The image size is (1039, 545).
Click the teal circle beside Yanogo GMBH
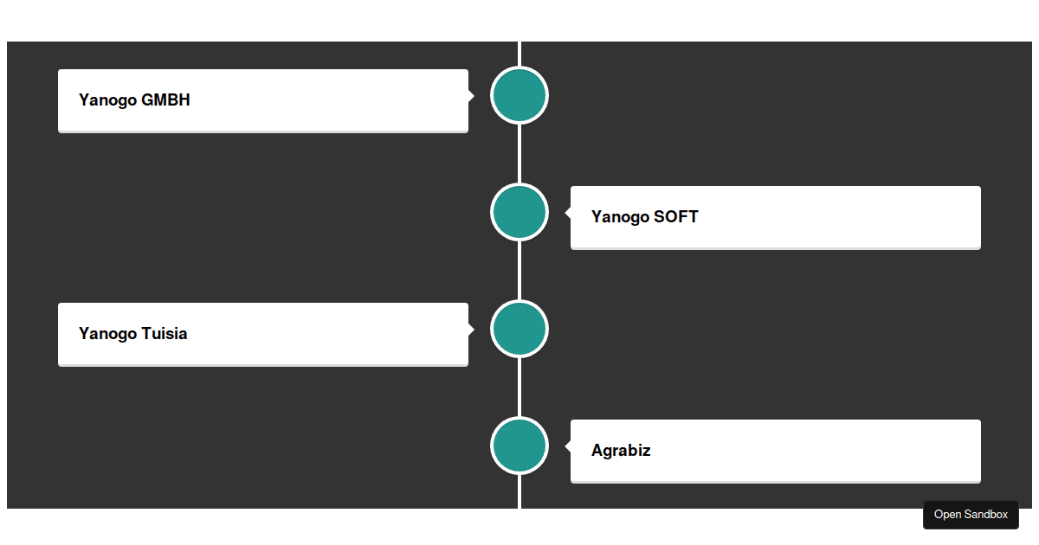pyautogui.click(x=519, y=95)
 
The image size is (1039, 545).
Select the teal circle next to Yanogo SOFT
pyautogui.click(x=519, y=212)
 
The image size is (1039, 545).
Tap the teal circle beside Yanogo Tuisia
pyautogui.click(x=519, y=329)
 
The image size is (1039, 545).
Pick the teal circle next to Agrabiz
pyautogui.click(x=519, y=446)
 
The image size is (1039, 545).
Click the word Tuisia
pyautogui.click(x=164, y=334)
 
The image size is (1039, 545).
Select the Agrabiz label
pyautogui.click(x=621, y=451)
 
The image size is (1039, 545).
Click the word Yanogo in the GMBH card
pyautogui.click(x=107, y=100)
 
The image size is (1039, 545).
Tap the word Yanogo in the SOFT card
pyautogui.click(x=620, y=217)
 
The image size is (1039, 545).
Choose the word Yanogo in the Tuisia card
pyautogui.click(x=107, y=334)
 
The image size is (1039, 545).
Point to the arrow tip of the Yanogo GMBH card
pyautogui.click(x=471, y=95)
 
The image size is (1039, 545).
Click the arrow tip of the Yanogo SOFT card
pyautogui.click(x=567, y=212)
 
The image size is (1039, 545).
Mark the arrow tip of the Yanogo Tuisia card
pyautogui.click(x=471, y=329)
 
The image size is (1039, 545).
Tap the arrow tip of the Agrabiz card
pyautogui.click(x=567, y=446)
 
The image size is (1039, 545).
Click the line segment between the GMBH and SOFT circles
pyautogui.click(x=519, y=153)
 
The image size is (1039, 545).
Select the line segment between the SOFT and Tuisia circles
pyautogui.click(x=519, y=270)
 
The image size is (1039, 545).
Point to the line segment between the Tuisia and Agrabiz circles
pyautogui.click(x=519, y=387)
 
